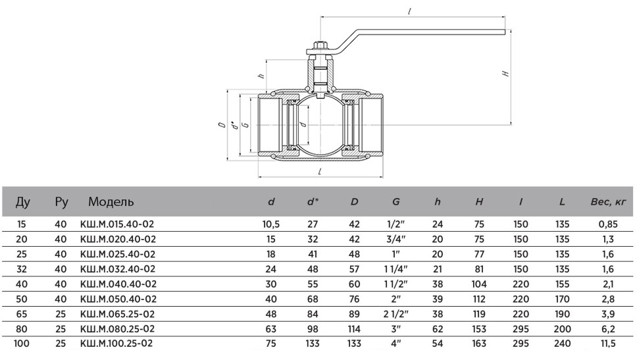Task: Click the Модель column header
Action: coord(111,201)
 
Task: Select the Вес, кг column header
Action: coord(608,201)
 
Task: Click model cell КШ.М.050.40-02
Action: coord(118,299)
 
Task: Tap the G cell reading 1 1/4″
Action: coord(395,269)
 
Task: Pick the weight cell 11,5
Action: coord(608,344)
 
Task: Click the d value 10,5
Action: coord(270,224)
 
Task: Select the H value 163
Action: coord(479,344)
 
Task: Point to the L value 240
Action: coord(562,344)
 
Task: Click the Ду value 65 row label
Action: coord(21,314)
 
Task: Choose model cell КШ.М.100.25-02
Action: coord(116,344)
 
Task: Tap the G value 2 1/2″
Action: coord(395,314)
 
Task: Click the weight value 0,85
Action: coord(608,224)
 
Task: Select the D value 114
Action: coord(354,329)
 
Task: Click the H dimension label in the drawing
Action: coord(505,74)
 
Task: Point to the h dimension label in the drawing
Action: coord(262,75)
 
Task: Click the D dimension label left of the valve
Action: coord(222,125)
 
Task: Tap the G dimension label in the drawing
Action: coord(245,125)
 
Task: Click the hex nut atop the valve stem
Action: coord(320,45)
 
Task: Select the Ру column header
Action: coord(61,202)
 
